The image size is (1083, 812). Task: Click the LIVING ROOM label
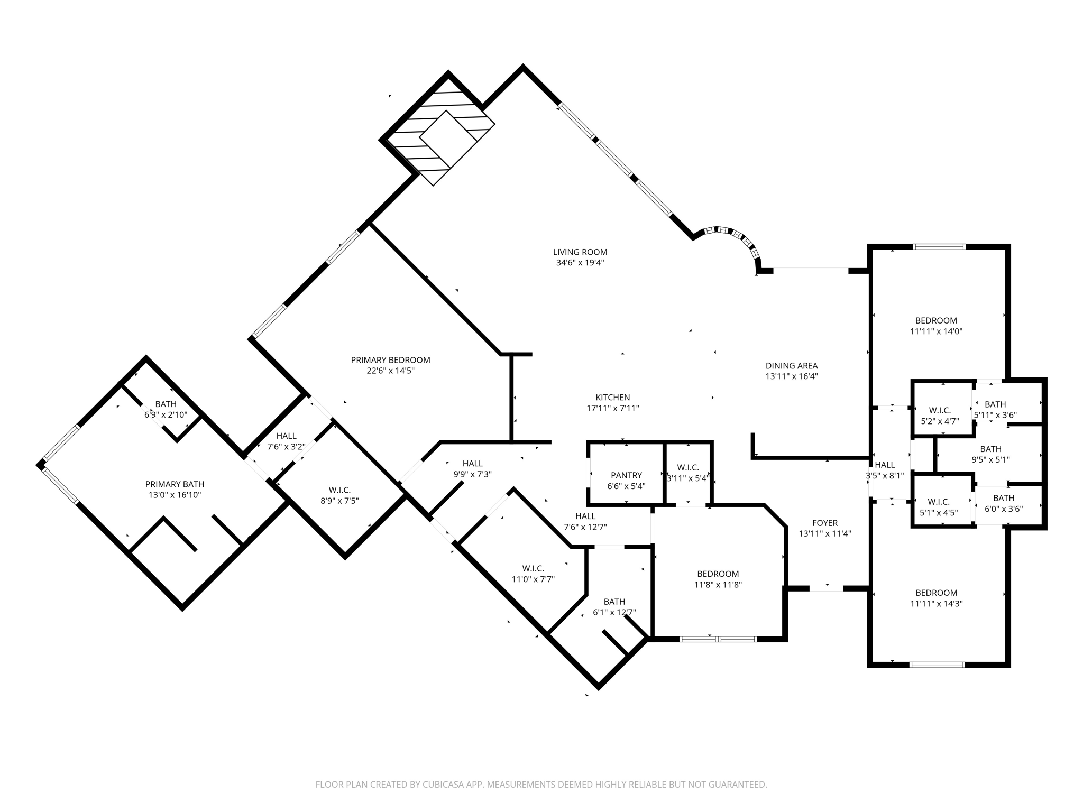coord(580,252)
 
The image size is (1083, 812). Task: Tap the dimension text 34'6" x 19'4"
coord(580,263)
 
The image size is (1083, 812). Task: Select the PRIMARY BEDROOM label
coord(390,360)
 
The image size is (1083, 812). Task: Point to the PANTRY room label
coord(626,475)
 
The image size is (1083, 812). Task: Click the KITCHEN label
coord(612,398)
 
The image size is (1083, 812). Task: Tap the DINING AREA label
coord(792,365)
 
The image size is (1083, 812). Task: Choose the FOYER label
coord(825,523)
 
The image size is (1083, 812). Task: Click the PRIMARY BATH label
coord(175,484)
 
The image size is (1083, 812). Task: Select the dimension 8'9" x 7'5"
coord(339,501)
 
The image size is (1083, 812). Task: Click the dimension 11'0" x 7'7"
coord(533,579)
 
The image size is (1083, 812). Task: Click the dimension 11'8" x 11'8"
coord(718,585)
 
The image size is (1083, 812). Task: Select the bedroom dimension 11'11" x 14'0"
coord(936,331)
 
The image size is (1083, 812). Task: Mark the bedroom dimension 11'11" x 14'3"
coord(936,603)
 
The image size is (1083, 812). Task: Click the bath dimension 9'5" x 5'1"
coord(990,460)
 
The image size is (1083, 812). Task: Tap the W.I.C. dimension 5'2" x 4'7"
coord(940,421)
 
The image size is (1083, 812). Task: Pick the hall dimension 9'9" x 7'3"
coord(472,475)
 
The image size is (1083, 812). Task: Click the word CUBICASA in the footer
coord(443,785)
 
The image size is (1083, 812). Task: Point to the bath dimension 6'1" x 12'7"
coord(614,613)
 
